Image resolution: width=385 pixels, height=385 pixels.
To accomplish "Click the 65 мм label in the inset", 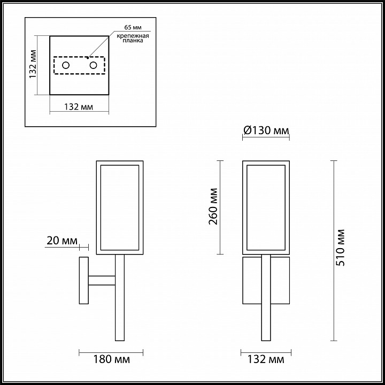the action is click(x=133, y=27).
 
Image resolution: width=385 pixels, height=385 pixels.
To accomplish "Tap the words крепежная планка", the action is click(x=133, y=38).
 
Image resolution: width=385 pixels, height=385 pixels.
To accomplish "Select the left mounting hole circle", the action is click(x=66, y=65).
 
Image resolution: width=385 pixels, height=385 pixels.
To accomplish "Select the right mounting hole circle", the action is click(x=93, y=65).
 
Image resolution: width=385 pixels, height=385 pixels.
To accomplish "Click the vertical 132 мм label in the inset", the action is click(x=33, y=64).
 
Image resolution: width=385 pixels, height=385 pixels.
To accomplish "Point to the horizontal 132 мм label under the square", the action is click(x=79, y=107).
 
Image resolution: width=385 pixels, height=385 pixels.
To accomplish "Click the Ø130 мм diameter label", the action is click(x=266, y=130).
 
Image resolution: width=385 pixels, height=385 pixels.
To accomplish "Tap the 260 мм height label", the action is click(x=213, y=206).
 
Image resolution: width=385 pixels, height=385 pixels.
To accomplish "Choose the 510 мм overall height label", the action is click(x=340, y=248).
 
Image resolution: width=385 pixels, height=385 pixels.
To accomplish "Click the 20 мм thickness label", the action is click(x=62, y=241).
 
